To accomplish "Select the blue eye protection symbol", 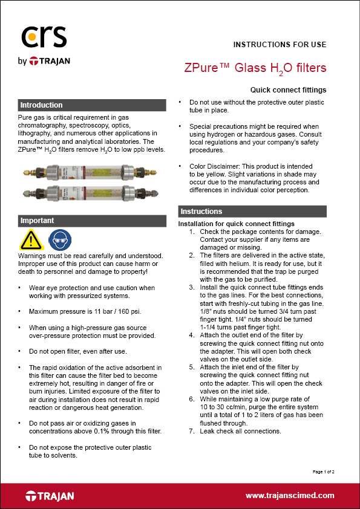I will (x=59, y=241).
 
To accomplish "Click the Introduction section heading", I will (x=41, y=105).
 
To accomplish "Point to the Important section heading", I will (x=37, y=221).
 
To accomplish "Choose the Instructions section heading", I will (x=201, y=212).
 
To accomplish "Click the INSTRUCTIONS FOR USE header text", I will (x=280, y=45).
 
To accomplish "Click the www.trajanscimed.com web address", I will (x=290, y=495).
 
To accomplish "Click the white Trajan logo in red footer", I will (x=50, y=496).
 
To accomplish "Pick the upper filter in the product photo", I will (x=91, y=172).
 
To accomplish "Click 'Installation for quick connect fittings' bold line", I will (x=236, y=224).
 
